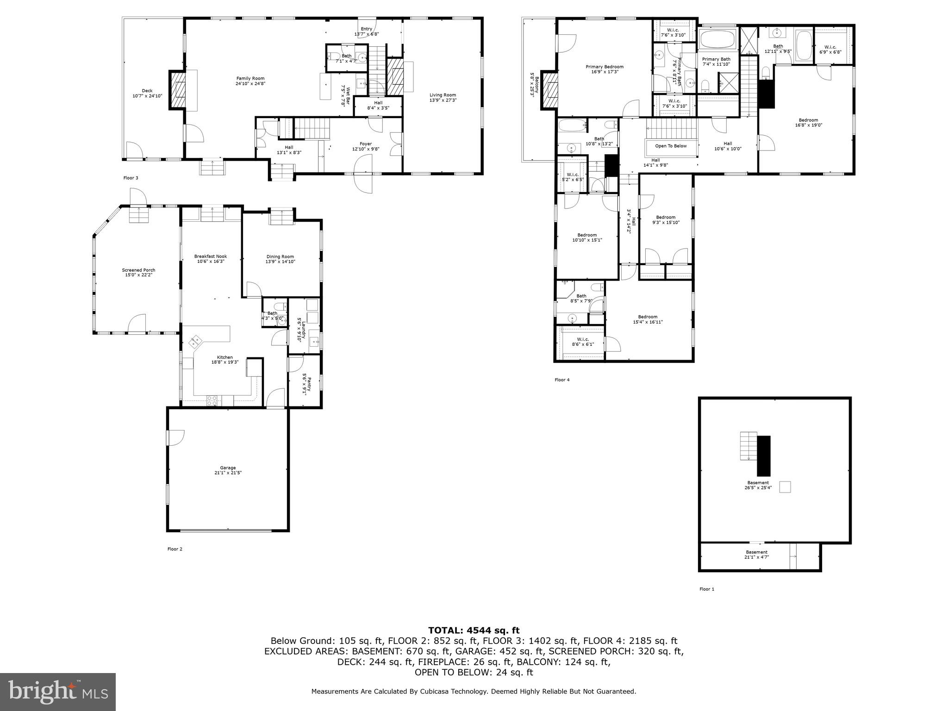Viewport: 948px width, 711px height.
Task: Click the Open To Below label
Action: pyautogui.click(x=671, y=146)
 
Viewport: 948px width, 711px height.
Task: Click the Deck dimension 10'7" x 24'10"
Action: pyautogui.click(x=147, y=96)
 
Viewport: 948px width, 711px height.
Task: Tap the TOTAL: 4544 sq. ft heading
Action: pyautogui.click(x=474, y=630)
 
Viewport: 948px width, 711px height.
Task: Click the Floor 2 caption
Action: pyautogui.click(x=175, y=549)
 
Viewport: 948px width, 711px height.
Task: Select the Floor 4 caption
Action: pyautogui.click(x=562, y=380)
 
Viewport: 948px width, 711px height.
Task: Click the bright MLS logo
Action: pyautogui.click(x=58, y=691)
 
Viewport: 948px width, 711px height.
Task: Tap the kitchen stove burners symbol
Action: pyautogui.click(x=212, y=401)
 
